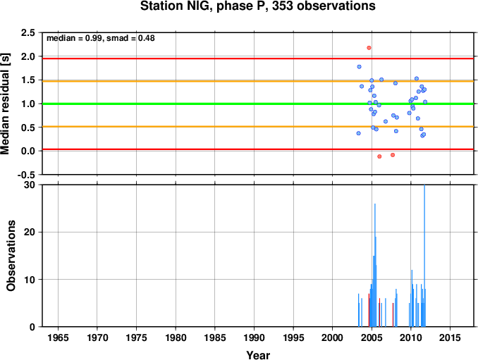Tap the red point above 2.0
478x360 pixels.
click(x=369, y=48)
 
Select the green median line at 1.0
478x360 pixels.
click(x=258, y=104)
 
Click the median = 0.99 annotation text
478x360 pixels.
click(x=74, y=38)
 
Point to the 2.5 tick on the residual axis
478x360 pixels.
click(x=27, y=32)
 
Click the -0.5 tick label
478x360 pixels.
click(x=26, y=175)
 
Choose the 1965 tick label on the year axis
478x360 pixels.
click(x=58, y=337)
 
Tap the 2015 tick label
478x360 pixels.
click(x=450, y=337)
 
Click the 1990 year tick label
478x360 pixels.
click(x=254, y=337)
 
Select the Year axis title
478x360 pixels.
click(x=258, y=355)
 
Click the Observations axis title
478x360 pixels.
click(x=11, y=256)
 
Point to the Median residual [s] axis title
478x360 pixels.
click(x=5, y=104)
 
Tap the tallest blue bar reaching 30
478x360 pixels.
click(x=424, y=256)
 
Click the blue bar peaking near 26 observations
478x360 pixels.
click(x=374, y=265)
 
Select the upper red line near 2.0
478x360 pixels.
click(x=258, y=58)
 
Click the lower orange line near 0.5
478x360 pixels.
click(x=258, y=126)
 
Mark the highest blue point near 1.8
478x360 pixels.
click(x=359, y=67)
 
